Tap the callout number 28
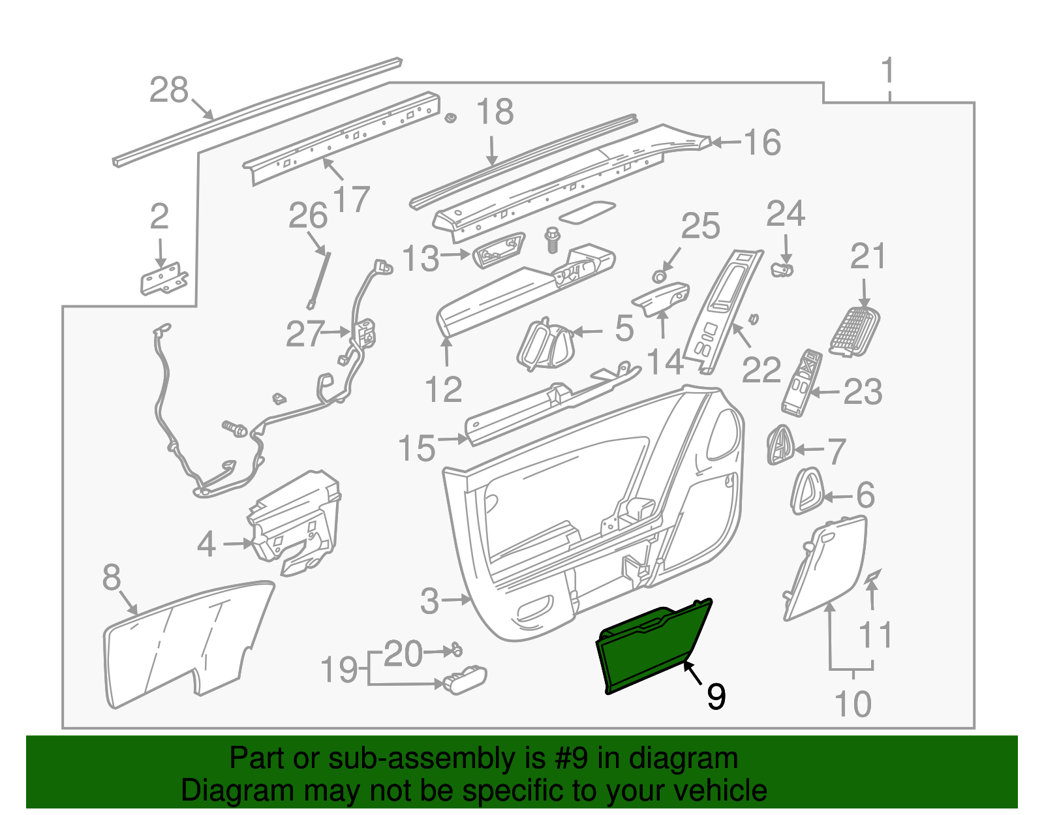(168, 90)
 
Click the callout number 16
(762, 142)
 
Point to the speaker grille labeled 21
(855, 330)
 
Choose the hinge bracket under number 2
(164, 279)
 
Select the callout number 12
(444, 389)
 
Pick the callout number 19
(339, 670)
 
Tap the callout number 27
(305, 334)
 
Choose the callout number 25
(700, 226)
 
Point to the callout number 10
(853, 704)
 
